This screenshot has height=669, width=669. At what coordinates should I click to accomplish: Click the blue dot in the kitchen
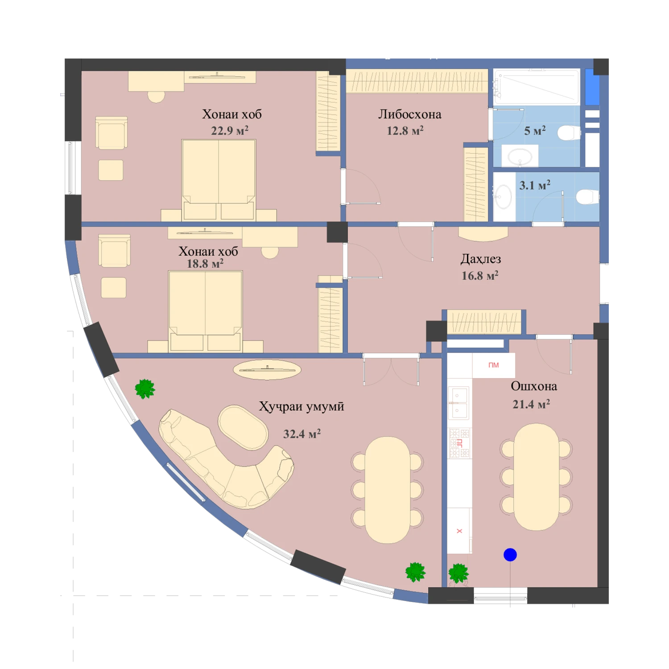pyautogui.click(x=510, y=555)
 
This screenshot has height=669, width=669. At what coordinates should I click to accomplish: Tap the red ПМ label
pyautogui.click(x=493, y=365)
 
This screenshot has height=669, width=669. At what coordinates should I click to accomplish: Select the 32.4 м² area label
pyautogui.click(x=302, y=434)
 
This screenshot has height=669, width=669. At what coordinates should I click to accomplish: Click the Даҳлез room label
pyautogui.click(x=480, y=259)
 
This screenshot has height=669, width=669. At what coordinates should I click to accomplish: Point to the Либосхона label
pyautogui.click(x=410, y=115)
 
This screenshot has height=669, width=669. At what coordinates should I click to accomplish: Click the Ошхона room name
pyautogui.click(x=534, y=386)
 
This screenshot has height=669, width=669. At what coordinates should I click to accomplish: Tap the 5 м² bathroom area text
pyautogui.click(x=535, y=131)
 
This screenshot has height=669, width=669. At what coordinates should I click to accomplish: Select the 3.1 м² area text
pyautogui.click(x=535, y=185)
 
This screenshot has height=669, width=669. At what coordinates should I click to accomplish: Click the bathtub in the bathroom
pyautogui.click(x=537, y=87)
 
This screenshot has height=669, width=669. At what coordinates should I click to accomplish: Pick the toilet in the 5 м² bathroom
pyautogui.click(x=569, y=133)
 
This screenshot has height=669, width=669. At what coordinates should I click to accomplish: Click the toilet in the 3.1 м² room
pyautogui.click(x=587, y=197)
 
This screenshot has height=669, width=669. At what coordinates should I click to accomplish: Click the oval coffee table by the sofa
pyautogui.click(x=243, y=427)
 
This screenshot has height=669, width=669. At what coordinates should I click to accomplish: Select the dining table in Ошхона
pyautogui.click(x=536, y=477)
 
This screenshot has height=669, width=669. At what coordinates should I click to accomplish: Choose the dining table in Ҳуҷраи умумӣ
pyautogui.click(x=388, y=490)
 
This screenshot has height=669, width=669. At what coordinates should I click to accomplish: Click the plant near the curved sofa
pyautogui.click(x=145, y=389)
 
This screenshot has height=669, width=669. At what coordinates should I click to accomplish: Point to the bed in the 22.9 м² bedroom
pyautogui.click(x=219, y=180)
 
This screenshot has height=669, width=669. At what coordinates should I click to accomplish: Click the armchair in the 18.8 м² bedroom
pyautogui.click(x=115, y=251)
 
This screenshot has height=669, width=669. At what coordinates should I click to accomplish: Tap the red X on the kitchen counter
pyautogui.click(x=459, y=531)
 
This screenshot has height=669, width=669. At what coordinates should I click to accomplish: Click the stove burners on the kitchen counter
pyautogui.click(x=459, y=443)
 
